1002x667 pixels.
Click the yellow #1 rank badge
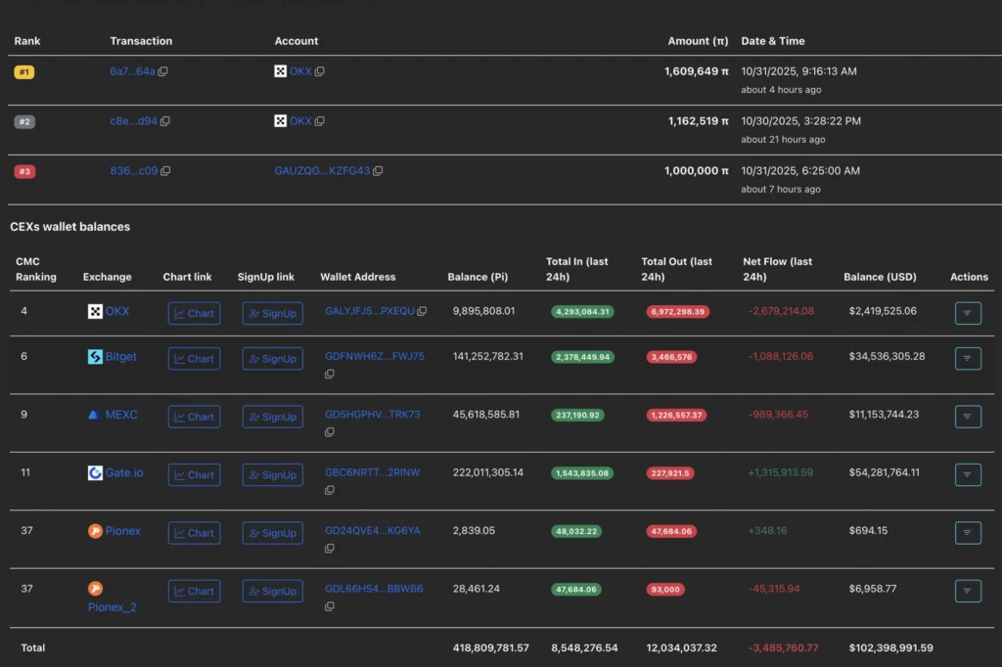[24, 72]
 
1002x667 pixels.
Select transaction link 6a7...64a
[132, 71]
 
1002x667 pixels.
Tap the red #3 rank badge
[24, 171]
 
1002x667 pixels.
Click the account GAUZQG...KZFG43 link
[322, 171]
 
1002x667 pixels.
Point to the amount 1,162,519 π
[698, 121]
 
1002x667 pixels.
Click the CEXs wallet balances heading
[69, 227]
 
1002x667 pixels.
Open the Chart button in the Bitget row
[194, 359]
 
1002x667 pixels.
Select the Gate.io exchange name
[124, 473]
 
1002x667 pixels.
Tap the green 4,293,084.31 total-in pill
[582, 312]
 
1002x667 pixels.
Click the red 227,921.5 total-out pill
[669, 473]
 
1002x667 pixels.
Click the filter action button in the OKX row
[967, 314]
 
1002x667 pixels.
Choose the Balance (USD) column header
[880, 277]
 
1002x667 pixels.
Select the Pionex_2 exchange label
[112, 607]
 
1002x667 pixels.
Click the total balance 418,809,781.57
[491, 648]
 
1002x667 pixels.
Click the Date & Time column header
[772, 41]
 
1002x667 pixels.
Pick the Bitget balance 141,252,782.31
[487, 357]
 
